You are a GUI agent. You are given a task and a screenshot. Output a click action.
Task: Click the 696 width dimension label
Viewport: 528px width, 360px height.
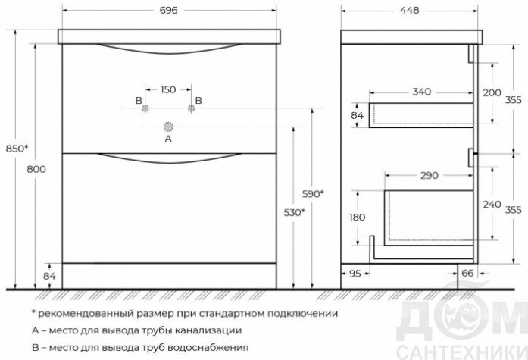click(168, 11)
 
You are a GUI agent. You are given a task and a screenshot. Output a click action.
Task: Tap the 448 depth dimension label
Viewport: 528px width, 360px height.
click(410, 11)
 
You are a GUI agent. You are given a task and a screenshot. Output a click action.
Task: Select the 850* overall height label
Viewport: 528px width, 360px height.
click(17, 149)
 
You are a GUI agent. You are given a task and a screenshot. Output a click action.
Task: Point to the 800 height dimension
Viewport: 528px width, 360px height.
click(36, 169)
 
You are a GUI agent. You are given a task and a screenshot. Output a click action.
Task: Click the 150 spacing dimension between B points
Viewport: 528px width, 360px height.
click(168, 89)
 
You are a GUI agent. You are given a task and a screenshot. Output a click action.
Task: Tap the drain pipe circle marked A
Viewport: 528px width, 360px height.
click(168, 127)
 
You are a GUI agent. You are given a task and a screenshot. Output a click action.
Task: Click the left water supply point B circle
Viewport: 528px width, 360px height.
click(145, 108)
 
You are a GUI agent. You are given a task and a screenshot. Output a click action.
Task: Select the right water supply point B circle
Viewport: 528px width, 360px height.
click(191, 108)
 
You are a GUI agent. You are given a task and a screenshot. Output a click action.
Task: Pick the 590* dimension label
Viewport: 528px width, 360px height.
click(313, 194)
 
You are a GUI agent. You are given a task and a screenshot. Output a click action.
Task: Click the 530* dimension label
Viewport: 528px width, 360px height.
click(295, 213)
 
